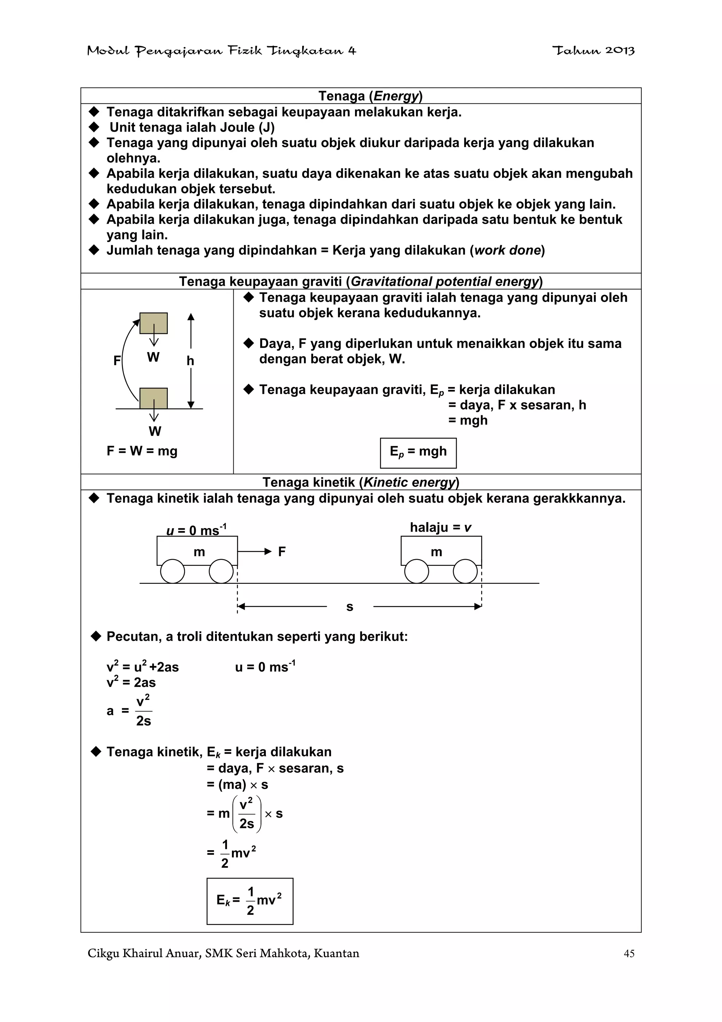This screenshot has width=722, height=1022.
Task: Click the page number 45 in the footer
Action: click(x=629, y=954)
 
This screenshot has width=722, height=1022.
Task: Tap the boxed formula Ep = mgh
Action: click(x=418, y=453)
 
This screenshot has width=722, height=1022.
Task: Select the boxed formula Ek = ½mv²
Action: click(x=250, y=901)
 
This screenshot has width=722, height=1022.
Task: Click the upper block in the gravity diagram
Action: click(x=153, y=323)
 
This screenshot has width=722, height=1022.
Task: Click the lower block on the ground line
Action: click(x=153, y=398)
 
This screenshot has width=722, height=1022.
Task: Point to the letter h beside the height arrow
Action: click(x=190, y=361)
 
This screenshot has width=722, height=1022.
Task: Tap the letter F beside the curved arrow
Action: click(x=117, y=361)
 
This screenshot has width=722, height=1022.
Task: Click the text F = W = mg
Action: click(x=142, y=451)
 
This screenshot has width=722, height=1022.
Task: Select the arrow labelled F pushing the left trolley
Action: click(x=255, y=551)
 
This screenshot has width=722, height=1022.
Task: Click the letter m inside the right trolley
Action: click(x=436, y=552)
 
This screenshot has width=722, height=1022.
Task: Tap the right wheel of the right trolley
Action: click(x=465, y=571)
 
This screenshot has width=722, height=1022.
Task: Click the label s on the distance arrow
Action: click(x=350, y=607)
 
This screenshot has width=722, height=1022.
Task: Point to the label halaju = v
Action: click(x=440, y=527)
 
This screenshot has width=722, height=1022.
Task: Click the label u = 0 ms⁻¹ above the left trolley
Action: click(x=196, y=530)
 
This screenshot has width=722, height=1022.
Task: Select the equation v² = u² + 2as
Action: click(x=142, y=667)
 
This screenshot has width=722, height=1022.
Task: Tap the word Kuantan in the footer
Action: click(x=336, y=954)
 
